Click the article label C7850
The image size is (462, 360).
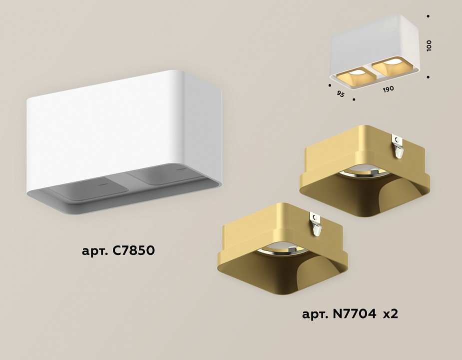pyautogui.click(x=118, y=250)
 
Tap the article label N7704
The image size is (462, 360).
pyautogui.click(x=339, y=314)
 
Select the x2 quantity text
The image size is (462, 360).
pyautogui.click(x=390, y=314)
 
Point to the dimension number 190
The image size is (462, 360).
pyautogui.click(x=388, y=89)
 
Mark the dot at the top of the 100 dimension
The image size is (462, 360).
pyautogui.click(x=429, y=16)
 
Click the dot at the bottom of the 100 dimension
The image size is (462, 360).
pyautogui.click(x=429, y=77)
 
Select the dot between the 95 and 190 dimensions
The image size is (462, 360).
pyautogui.click(x=354, y=99)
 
